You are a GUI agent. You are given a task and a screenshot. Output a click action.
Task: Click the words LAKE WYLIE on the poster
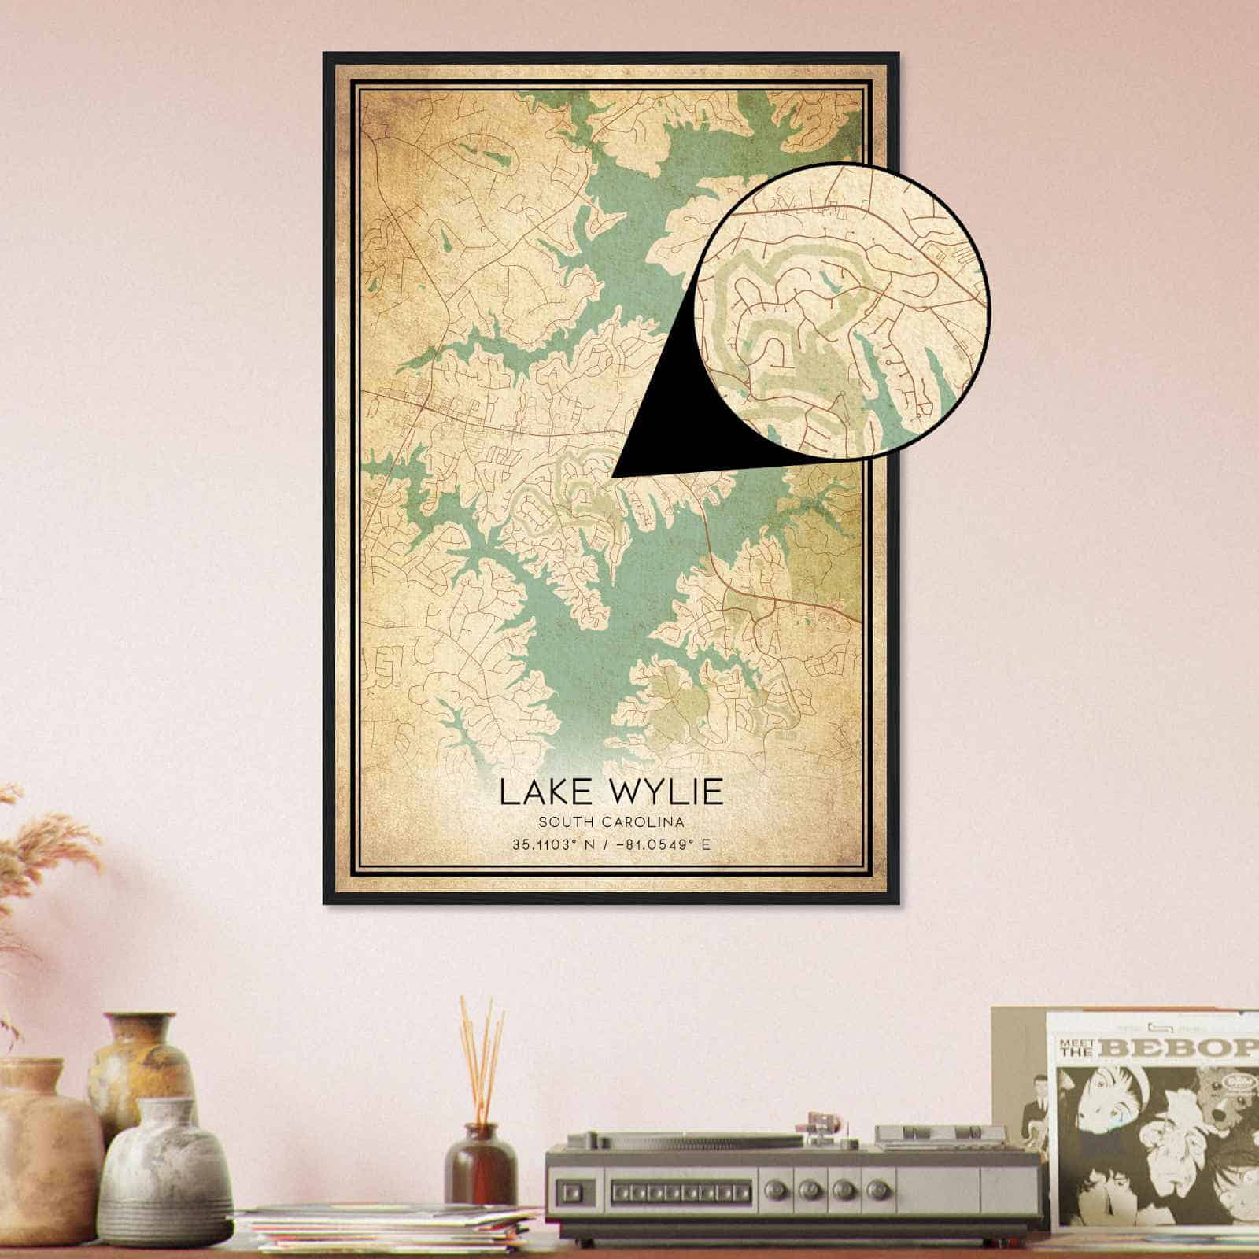[611, 792]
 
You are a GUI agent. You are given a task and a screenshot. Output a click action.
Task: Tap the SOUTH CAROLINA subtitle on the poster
[611, 822]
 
